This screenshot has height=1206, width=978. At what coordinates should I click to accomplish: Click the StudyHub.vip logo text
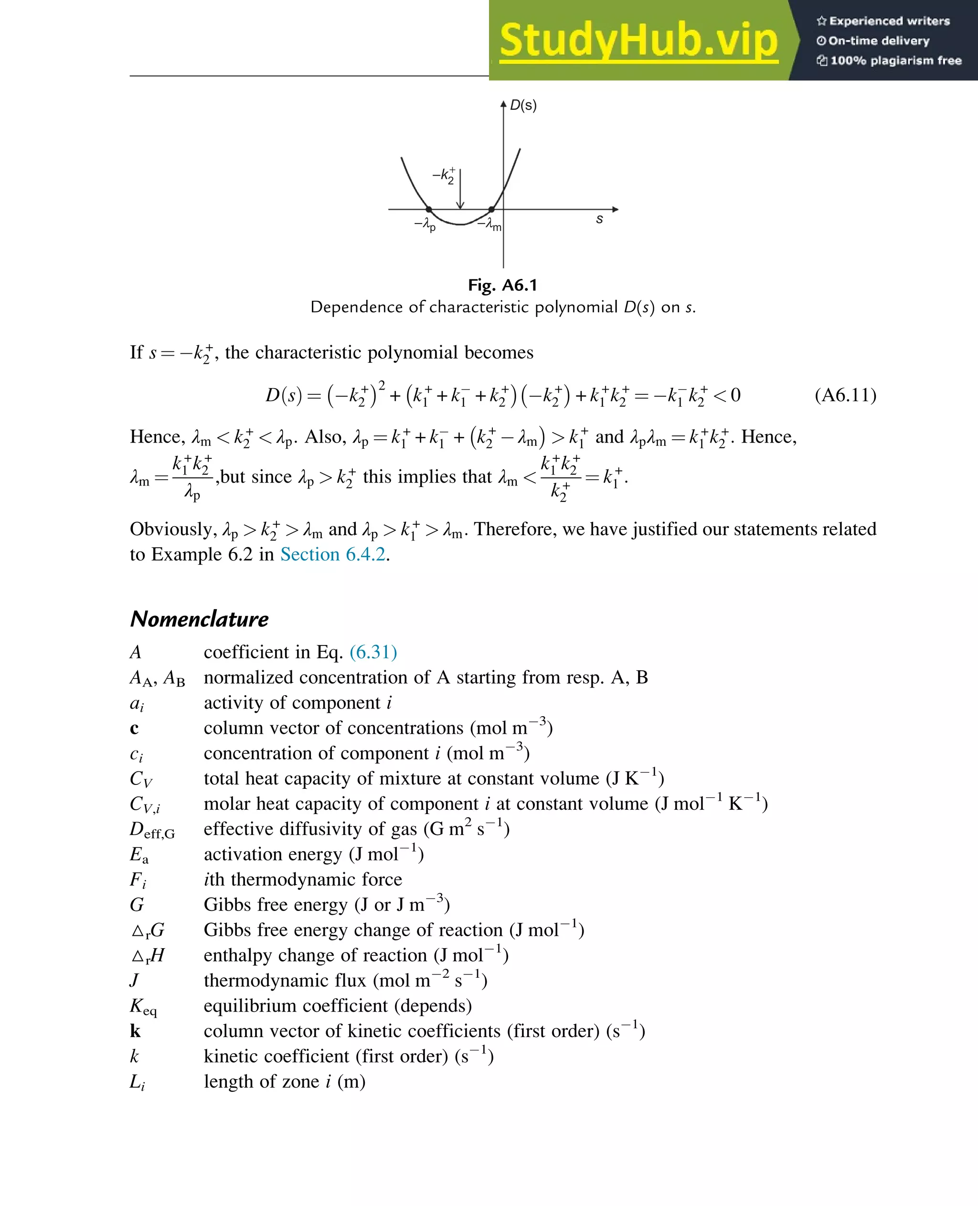(638, 40)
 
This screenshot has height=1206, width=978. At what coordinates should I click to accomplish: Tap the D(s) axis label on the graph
(523, 106)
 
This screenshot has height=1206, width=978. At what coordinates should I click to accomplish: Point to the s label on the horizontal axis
(599, 219)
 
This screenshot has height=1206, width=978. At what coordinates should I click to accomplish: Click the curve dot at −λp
(429, 210)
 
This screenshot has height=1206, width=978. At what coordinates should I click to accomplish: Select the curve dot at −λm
(491, 210)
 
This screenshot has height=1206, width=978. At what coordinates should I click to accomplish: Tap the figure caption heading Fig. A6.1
(502, 285)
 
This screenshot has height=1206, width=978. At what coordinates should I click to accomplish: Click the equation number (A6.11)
(845, 395)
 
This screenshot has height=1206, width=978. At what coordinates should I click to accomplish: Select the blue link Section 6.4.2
(332, 554)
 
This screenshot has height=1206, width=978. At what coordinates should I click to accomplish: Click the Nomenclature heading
(200, 619)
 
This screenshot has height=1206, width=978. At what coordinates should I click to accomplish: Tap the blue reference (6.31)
(373, 652)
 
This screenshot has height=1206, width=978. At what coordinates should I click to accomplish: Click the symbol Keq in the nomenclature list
(143, 1006)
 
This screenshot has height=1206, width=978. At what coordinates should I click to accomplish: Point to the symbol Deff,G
(152, 830)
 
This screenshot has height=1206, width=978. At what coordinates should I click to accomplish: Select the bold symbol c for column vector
(134, 729)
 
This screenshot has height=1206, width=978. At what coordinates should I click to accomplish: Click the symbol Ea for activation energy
(139, 855)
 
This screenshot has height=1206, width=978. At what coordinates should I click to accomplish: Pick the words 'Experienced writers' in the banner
(889, 21)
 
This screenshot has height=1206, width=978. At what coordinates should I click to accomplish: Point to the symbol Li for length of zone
(137, 1082)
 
